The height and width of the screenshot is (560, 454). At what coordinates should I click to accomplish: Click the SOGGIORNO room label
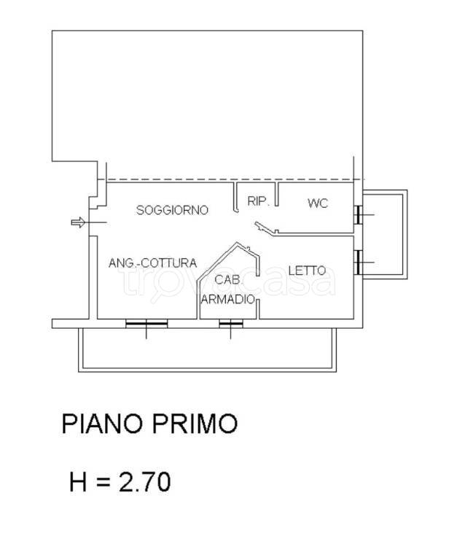coord(172,210)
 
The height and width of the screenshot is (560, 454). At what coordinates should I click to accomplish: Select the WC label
coord(318,203)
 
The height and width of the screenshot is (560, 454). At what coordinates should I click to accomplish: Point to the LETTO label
coord(307,270)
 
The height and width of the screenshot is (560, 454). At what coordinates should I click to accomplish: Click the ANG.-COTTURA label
coord(152,262)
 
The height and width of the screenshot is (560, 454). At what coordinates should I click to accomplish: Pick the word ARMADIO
coord(228,299)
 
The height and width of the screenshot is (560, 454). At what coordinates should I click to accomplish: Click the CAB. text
coord(224,280)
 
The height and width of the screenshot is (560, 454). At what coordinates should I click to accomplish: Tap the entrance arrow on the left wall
coord(78,222)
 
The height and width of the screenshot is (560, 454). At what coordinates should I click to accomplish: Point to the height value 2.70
coord(144,481)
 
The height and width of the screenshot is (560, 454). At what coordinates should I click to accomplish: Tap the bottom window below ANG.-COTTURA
coord(146,323)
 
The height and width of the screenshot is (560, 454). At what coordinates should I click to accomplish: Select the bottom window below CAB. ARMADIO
coord(230,323)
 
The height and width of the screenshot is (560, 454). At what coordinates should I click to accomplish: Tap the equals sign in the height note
coord(103,482)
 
